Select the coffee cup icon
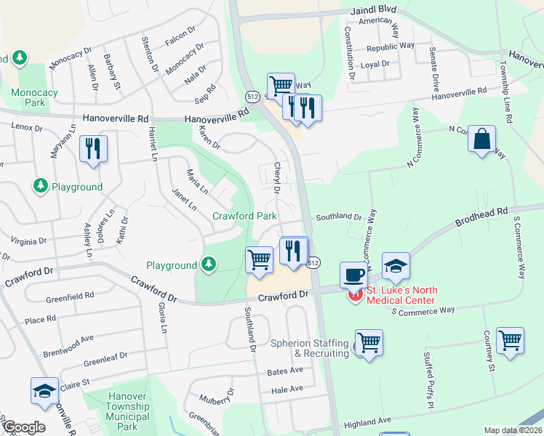[x=354, y=275]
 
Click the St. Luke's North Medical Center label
[x=401, y=295]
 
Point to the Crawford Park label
[x=244, y=216]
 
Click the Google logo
[x=23, y=427]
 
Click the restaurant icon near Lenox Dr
[x=93, y=149]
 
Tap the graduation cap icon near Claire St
[x=45, y=391]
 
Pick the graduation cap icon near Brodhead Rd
[x=396, y=267]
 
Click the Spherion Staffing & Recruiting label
[x=310, y=348]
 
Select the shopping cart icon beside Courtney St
[x=510, y=340]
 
